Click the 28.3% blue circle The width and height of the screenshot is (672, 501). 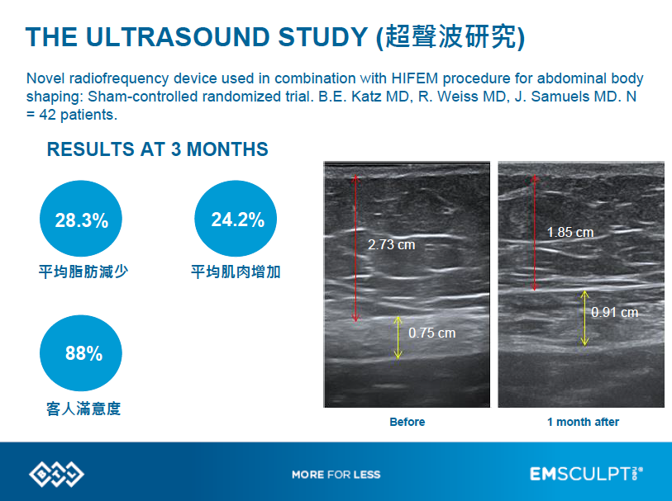pos(80,219)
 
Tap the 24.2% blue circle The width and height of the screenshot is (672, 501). pos(236,219)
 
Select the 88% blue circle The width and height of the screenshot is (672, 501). pos(80,353)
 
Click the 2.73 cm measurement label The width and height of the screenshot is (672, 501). pos(391,245)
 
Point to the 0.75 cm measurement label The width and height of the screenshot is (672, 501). pos(432,333)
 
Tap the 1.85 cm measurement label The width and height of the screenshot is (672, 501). pos(570,232)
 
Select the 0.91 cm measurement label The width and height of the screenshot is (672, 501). pos(615,312)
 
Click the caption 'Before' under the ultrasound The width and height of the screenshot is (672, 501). pos(407,422)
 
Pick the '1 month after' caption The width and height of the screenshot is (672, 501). pos(583,422)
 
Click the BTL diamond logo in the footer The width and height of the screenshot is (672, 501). pos(56,474)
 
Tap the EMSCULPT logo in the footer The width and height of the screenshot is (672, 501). pos(586,474)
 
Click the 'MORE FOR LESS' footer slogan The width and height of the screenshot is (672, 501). pos(336,475)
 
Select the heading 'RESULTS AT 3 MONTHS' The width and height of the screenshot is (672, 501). pos(157,149)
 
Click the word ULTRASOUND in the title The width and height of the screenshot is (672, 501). pos(179,37)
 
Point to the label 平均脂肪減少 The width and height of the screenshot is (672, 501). pos(83,272)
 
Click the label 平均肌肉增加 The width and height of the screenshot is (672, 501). pos(236,272)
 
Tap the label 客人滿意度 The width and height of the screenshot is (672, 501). pos(83,409)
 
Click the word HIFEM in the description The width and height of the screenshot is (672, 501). pos(414,78)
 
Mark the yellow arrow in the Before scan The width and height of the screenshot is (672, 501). pos(398,338)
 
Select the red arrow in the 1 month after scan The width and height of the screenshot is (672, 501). pos(534,233)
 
